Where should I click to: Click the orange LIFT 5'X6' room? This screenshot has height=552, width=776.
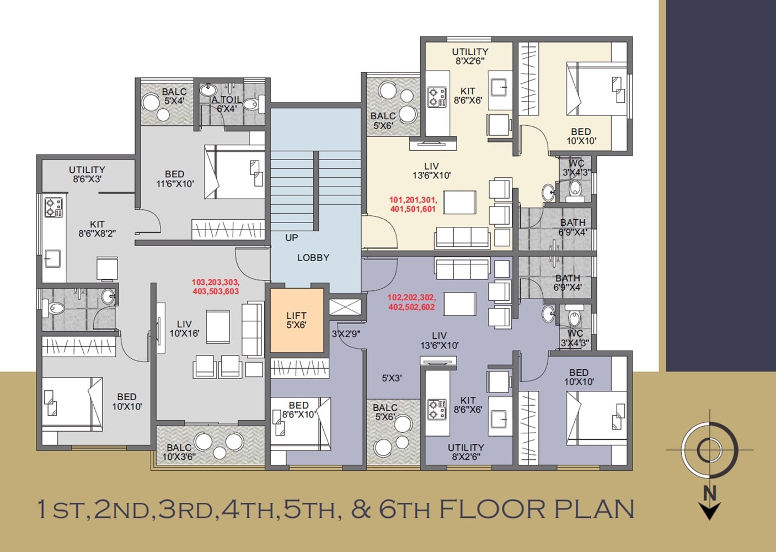297,321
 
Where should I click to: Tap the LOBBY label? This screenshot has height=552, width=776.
313,258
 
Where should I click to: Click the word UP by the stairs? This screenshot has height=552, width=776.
291,238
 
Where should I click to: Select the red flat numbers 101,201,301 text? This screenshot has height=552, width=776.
413,204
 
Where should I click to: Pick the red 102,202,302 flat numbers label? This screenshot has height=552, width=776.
411,302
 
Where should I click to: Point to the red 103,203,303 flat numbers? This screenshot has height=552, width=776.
215,286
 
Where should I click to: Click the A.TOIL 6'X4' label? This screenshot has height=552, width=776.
226,104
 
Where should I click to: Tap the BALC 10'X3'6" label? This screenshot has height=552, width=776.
179,452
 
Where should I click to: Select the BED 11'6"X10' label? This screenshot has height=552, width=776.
175,179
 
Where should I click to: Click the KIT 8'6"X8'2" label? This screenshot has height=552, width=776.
97,229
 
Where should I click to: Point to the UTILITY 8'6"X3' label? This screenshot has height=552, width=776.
87,174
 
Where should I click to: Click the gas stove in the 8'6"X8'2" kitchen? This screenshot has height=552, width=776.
53,208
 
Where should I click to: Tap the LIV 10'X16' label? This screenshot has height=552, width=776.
184,329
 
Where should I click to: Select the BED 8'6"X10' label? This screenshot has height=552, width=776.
298,410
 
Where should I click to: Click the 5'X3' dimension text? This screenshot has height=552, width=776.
392,378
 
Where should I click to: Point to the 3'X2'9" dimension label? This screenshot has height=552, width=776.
346,334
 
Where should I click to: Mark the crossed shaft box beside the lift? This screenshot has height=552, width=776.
345,307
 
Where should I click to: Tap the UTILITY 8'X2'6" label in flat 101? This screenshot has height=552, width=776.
470,56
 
